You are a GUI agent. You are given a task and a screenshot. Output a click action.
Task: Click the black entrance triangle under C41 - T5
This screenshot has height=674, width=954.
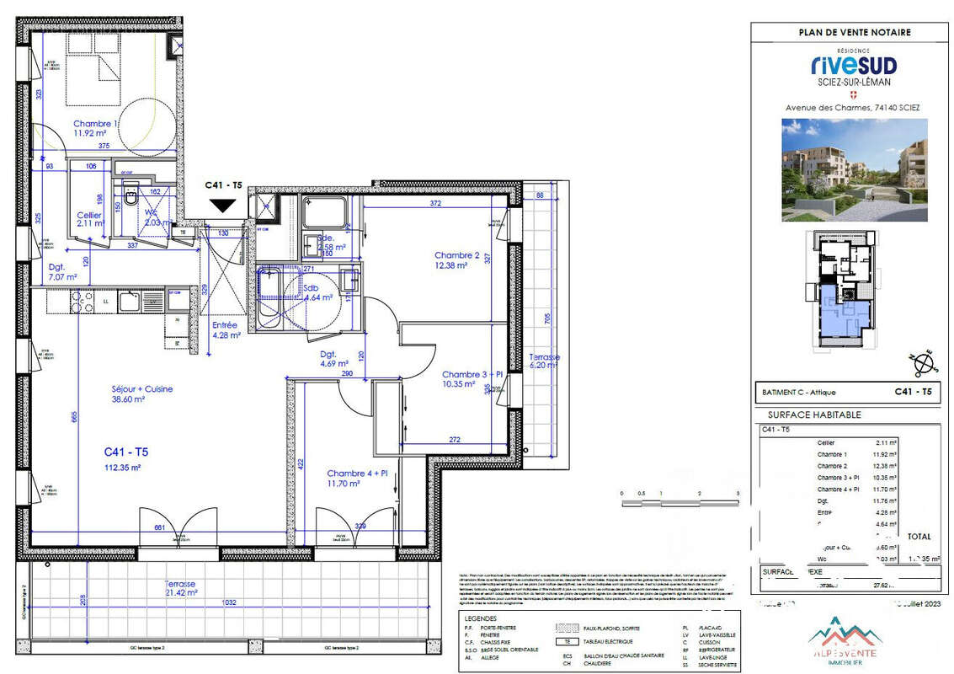[x=224, y=205]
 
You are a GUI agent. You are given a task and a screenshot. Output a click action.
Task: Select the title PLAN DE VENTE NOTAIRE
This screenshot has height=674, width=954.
[x=854, y=33]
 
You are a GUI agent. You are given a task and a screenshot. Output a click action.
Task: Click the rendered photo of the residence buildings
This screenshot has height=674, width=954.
[x=854, y=169]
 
